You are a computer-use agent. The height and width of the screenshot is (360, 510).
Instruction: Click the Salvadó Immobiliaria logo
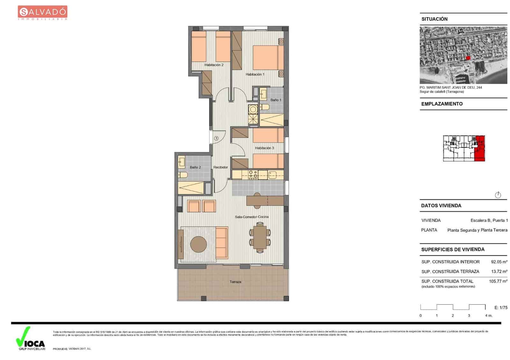click(x=42, y=13)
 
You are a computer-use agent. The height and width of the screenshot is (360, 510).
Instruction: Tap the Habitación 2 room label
click(x=214, y=65)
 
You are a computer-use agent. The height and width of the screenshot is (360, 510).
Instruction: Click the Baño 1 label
click(x=276, y=100)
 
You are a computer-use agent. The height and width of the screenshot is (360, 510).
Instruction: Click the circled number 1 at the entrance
click(x=216, y=138)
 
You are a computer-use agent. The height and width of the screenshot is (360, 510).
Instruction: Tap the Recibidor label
click(x=221, y=167)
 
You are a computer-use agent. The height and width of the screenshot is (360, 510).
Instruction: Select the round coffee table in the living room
click(x=199, y=244)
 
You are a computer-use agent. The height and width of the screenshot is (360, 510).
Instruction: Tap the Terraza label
click(x=235, y=282)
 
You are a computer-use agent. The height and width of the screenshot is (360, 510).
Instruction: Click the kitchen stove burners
click(x=253, y=174)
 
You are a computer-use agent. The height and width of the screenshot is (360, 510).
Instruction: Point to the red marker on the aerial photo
click(x=468, y=58)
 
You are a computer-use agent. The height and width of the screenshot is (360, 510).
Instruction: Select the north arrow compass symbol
click(x=498, y=195)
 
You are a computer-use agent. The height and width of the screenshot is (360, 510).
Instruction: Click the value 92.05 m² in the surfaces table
click(x=499, y=262)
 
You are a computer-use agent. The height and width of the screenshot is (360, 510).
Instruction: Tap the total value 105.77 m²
click(x=498, y=281)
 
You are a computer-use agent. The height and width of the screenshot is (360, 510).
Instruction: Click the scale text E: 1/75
click(x=501, y=307)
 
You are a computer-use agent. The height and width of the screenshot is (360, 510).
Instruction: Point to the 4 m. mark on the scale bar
click(x=488, y=316)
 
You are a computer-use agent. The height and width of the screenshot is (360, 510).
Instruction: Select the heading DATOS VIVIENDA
click(x=441, y=206)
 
